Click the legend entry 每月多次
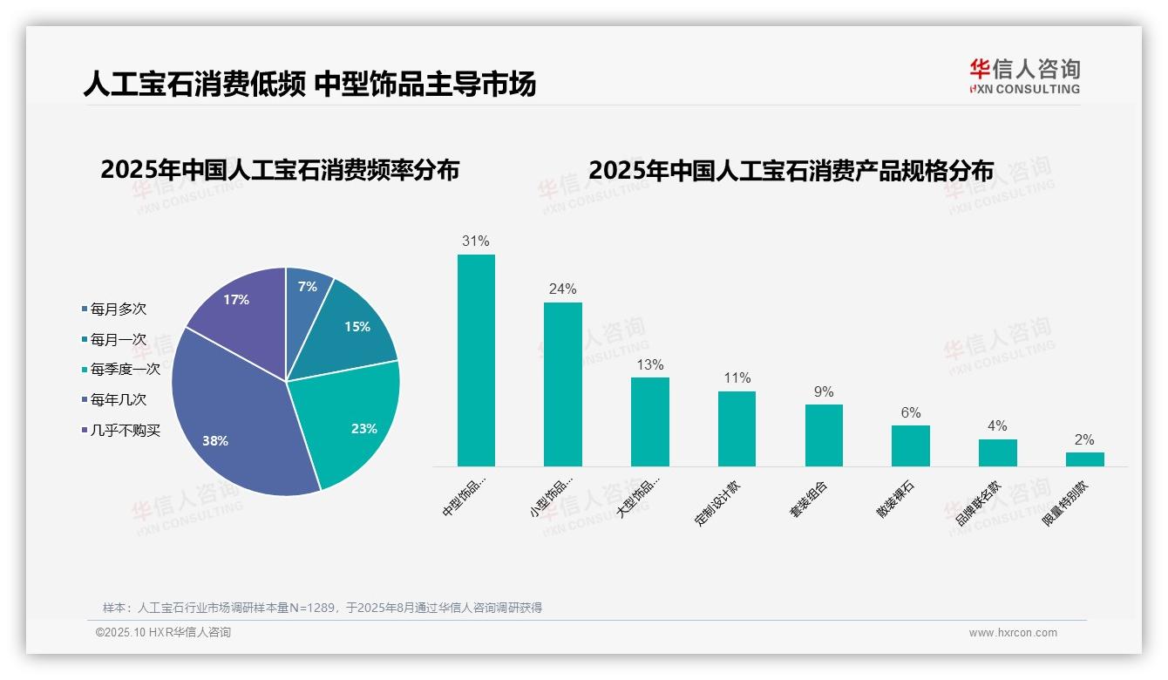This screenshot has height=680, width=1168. [118, 309]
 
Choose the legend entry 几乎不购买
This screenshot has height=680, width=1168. [125, 431]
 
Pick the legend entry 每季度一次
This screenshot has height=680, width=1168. [125, 370]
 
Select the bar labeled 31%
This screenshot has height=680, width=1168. [476, 360]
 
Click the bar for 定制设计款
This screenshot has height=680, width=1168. [737, 428]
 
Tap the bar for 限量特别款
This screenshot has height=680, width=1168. [1084, 459]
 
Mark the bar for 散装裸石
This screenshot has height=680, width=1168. [910, 445]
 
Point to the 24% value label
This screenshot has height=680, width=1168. [562, 289]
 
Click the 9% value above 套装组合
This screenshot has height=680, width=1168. [824, 392]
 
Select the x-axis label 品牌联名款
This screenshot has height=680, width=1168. [978, 505]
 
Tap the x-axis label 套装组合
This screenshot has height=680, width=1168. [808, 500]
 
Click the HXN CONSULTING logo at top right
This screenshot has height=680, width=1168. [1024, 77]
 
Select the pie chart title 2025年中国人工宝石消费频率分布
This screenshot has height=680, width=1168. [280, 170]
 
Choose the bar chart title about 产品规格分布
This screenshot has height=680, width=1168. [791, 171]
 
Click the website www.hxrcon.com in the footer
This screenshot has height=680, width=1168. [1013, 633]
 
